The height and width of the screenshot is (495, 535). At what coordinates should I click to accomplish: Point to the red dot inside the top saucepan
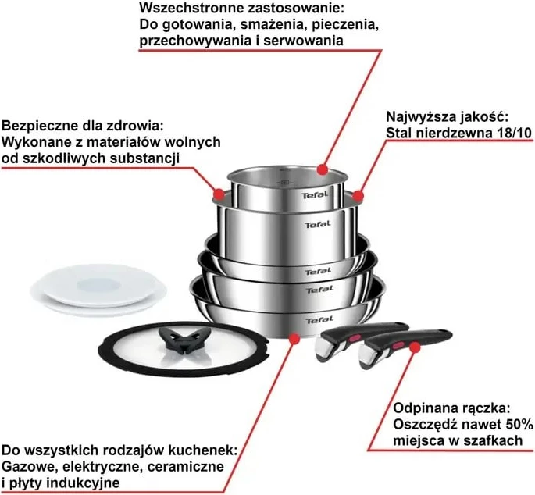pyautogui.click(x=323, y=169)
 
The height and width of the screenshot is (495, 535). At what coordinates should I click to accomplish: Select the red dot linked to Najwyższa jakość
pyautogui.click(x=358, y=195)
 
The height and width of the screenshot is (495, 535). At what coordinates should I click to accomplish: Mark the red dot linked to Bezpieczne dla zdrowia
pyautogui.click(x=219, y=191)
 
